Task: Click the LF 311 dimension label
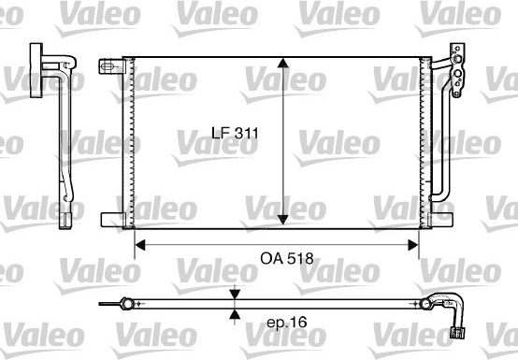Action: [x=235, y=133]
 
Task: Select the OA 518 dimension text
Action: [x=287, y=258]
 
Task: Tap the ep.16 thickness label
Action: [x=287, y=322]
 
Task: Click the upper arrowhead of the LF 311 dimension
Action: [x=282, y=63]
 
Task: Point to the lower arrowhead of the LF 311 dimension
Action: [x=282, y=220]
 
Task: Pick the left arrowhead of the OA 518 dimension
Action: [x=140, y=245]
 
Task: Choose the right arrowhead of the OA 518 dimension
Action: [x=413, y=245]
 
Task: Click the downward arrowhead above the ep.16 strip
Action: [x=235, y=295]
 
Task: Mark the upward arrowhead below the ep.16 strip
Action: [x=235, y=314]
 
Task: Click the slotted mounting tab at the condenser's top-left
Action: [x=112, y=66]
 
